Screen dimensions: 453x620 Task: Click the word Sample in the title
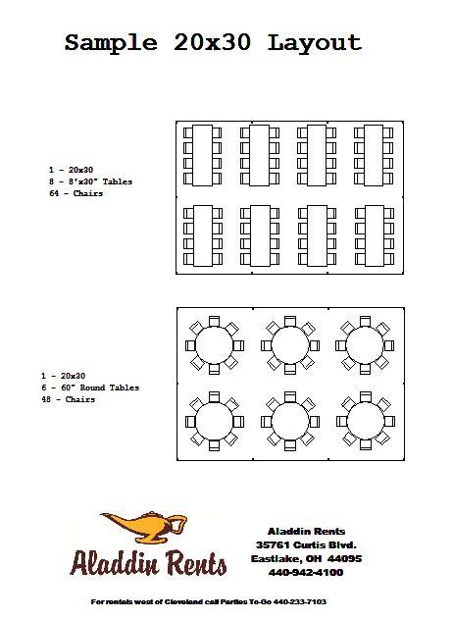tap(111, 43)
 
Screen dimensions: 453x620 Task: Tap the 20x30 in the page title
tap(212, 42)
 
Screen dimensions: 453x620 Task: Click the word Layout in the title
tap(315, 43)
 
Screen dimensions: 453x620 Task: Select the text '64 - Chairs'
tap(75, 193)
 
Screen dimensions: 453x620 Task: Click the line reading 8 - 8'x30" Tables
tap(90, 181)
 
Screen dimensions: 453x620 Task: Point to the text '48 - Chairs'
tap(68, 399)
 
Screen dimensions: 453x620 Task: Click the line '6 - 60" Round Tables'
tap(90, 387)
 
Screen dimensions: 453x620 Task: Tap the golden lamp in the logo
tap(144, 527)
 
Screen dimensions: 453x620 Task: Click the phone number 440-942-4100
tap(306, 572)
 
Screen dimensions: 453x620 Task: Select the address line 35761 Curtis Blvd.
tap(306, 544)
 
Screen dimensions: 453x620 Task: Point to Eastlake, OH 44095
tap(306, 559)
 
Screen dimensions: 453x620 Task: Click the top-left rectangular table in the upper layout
tap(202, 155)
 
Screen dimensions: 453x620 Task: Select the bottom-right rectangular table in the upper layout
tap(374, 235)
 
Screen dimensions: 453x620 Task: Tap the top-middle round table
tap(290, 345)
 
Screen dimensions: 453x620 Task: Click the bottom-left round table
tap(215, 422)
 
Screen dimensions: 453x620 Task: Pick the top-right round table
tap(365, 345)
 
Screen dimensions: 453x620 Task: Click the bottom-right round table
tap(366, 421)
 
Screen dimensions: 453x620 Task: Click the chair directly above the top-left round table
tap(215, 321)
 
